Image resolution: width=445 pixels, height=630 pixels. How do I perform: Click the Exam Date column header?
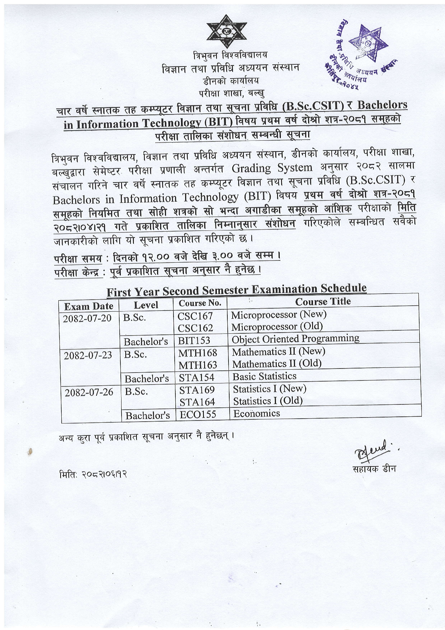pyautogui.click(x=89, y=306)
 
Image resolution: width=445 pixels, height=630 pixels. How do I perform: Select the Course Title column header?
pyautogui.click(x=323, y=302)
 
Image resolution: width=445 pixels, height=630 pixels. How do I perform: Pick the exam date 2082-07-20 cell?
pyautogui.click(x=88, y=319)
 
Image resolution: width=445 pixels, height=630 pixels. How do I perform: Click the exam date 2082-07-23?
pyautogui.click(x=88, y=355)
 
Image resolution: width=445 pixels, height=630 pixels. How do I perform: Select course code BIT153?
pyautogui.click(x=194, y=340)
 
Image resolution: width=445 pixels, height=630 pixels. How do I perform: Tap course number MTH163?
pyautogui.click(x=197, y=365)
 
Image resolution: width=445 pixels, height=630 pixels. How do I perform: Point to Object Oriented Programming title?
pyautogui.click(x=295, y=339)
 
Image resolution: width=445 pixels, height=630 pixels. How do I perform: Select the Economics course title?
pyautogui.click(x=256, y=413)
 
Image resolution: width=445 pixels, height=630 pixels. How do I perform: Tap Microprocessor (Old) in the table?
pyautogui.click(x=277, y=327)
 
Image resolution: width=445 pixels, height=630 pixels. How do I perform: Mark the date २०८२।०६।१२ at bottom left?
pyautogui.click(x=93, y=474)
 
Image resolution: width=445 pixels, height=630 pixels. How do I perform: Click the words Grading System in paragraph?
pyautogui.click(x=272, y=168)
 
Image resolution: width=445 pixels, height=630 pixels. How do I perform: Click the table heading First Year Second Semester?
pyautogui.click(x=236, y=289)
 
